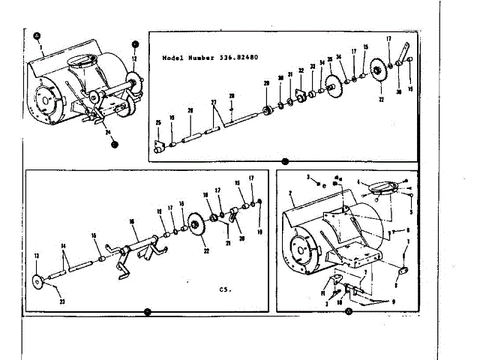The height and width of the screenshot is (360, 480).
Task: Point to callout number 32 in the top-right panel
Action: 301,71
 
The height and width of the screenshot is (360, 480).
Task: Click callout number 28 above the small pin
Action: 232,96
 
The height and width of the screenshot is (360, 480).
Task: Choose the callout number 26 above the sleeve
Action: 190,110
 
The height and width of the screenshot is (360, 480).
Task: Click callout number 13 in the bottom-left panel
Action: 35,256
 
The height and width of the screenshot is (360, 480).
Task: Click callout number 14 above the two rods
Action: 64,245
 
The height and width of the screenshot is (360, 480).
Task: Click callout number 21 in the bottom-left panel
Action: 226,243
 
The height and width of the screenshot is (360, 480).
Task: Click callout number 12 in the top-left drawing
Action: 134,57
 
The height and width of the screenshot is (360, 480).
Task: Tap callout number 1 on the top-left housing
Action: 40,46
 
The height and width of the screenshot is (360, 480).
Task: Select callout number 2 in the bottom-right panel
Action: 289,194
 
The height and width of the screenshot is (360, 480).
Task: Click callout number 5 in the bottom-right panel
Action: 410,212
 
